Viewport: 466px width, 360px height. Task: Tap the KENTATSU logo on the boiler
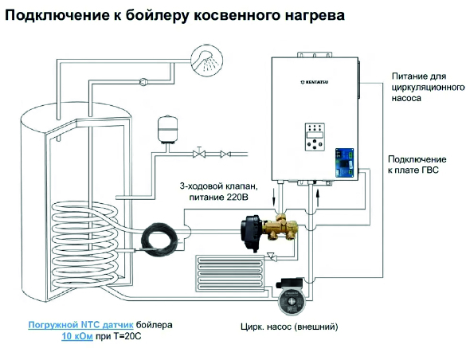(315, 82)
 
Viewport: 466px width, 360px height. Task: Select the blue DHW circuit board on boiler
(344, 162)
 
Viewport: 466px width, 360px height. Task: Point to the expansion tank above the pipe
(167, 129)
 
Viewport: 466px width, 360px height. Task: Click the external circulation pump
(291, 295)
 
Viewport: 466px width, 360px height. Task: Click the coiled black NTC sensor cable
(159, 237)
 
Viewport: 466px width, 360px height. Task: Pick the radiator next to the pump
(229, 272)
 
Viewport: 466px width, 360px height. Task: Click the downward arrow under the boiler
(274, 198)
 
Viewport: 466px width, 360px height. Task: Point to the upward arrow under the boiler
(318, 198)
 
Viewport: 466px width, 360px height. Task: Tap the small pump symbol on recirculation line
(143, 82)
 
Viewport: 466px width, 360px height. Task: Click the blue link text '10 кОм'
(77, 337)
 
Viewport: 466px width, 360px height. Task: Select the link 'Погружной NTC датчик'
(80, 325)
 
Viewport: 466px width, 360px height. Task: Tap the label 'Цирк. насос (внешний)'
(289, 327)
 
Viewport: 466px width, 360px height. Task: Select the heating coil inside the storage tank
(84, 248)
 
